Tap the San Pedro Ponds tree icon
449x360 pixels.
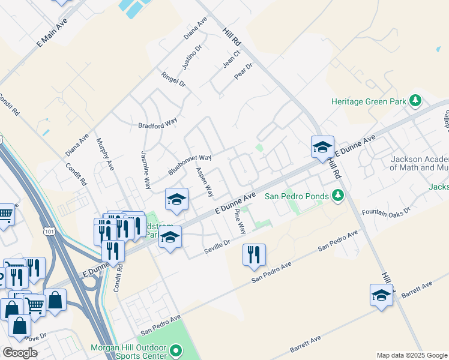(x=338, y=196)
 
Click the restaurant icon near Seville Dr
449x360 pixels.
(x=254, y=254)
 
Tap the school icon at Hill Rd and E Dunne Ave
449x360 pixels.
(x=322, y=147)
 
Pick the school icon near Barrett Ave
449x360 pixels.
(x=381, y=295)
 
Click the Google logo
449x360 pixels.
(x=20, y=353)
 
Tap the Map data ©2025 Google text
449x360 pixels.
(x=411, y=355)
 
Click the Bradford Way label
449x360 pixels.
(x=158, y=122)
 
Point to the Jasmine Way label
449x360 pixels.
(x=145, y=170)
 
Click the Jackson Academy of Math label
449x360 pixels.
(x=419, y=163)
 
